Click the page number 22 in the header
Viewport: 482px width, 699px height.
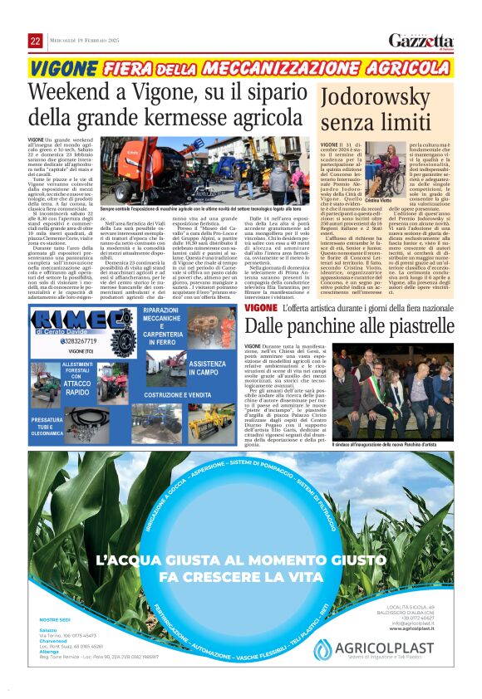click(35, 41)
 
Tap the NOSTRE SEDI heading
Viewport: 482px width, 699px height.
click(56, 643)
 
